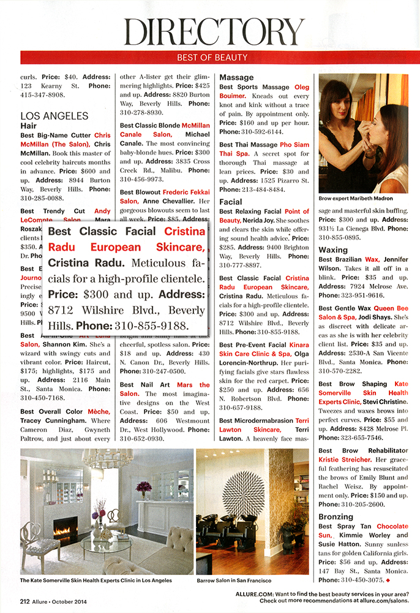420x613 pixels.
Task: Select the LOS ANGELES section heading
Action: tap(54, 115)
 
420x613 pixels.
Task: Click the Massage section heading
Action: tap(236, 78)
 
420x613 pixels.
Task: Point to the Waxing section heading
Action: tap(333, 250)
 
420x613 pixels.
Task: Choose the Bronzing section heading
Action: tap(336, 517)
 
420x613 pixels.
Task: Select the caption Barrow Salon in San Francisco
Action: tap(234, 579)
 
